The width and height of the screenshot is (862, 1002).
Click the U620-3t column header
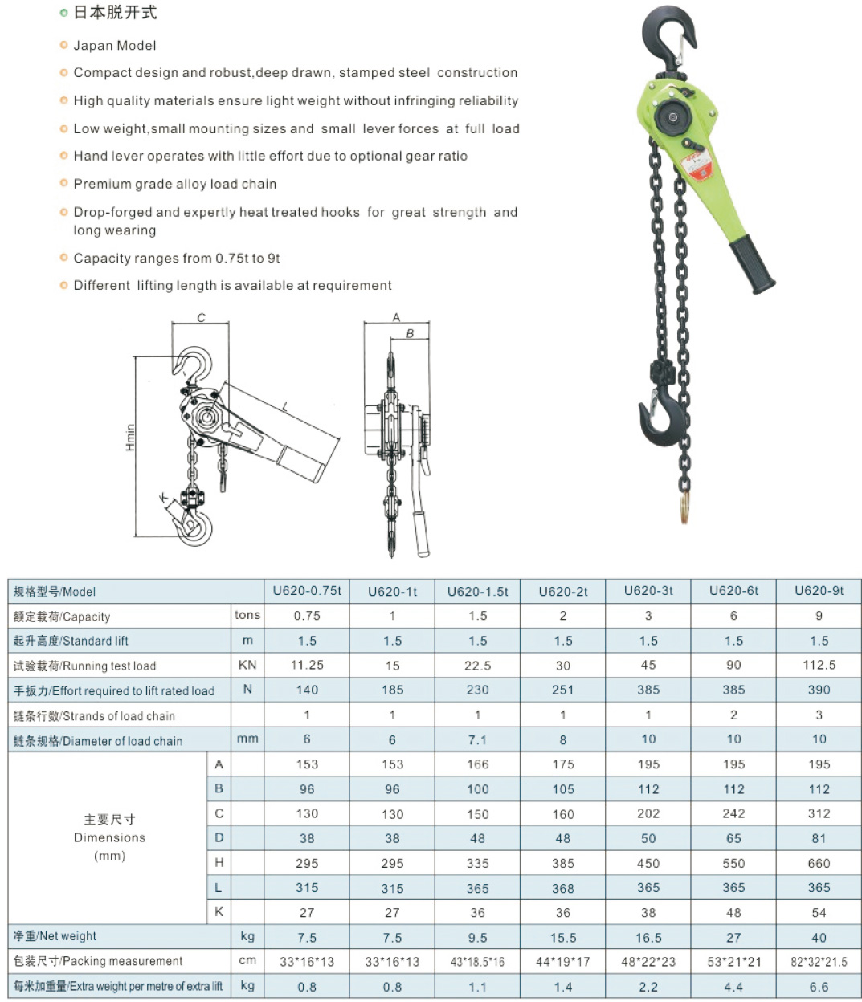(x=648, y=591)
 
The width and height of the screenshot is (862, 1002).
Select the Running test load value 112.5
(x=819, y=665)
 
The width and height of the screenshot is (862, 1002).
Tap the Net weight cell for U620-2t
(x=562, y=937)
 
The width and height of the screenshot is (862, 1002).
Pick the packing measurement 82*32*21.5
(x=819, y=962)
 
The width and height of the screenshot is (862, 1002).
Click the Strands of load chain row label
(x=94, y=716)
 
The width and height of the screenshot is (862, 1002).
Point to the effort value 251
(x=562, y=690)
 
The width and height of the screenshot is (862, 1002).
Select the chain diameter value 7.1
(x=477, y=739)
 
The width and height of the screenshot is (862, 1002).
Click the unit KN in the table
(x=247, y=665)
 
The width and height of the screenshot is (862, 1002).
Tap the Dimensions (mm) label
(x=109, y=837)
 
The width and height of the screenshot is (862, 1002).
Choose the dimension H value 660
(x=819, y=863)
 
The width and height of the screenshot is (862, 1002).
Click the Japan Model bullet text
(x=115, y=46)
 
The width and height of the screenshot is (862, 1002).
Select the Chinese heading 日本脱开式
(x=115, y=13)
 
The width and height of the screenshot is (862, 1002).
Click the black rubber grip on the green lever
(x=751, y=264)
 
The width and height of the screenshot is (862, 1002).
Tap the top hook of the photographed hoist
(x=666, y=36)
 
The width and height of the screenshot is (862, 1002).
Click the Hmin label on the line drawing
(x=130, y=438)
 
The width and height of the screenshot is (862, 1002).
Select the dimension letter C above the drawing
(x=201, y=318)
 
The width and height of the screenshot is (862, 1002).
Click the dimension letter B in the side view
(x=410, y=333)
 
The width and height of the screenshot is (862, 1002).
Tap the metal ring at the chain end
(x=684, y=507)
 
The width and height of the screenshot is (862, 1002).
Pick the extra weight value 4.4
(x=733, y=987)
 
